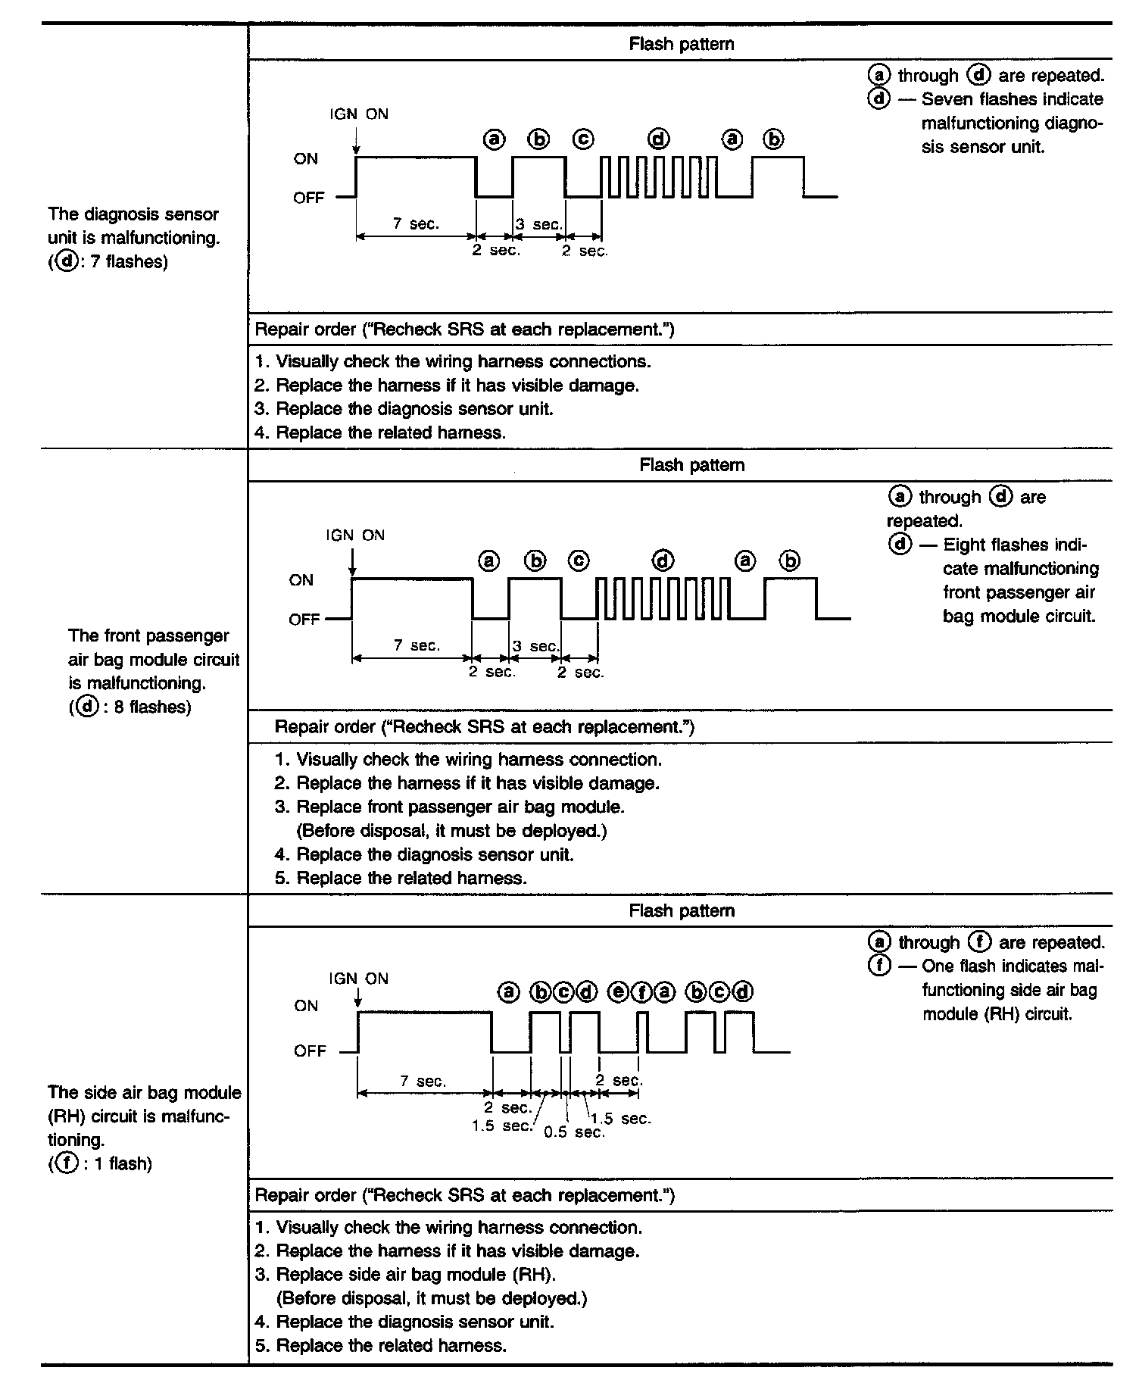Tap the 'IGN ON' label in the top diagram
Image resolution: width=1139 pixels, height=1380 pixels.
tap(359, 114)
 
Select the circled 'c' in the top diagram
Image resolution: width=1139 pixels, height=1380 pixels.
tap(583, 140)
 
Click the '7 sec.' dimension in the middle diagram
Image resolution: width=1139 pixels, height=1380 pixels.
tap(417, 645)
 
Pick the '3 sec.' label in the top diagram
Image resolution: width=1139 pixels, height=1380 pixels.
tap(539, 224)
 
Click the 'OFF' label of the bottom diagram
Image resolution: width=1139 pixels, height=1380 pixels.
tap(309, 1051)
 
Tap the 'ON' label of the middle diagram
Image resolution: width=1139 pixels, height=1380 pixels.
tap(301, 580)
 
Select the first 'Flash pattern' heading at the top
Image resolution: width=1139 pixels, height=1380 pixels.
tap(682, 44)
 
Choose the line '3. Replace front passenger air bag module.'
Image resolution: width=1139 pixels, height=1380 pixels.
tap(450, 807)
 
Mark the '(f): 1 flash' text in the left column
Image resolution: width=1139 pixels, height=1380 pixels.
tap(100, 1164)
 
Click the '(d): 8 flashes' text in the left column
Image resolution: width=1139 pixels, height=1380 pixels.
tap(130, 707)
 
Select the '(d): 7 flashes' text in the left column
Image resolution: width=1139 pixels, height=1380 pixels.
tap(108, 263)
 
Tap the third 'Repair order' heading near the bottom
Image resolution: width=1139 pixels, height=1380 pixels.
tap(465, 1195)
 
